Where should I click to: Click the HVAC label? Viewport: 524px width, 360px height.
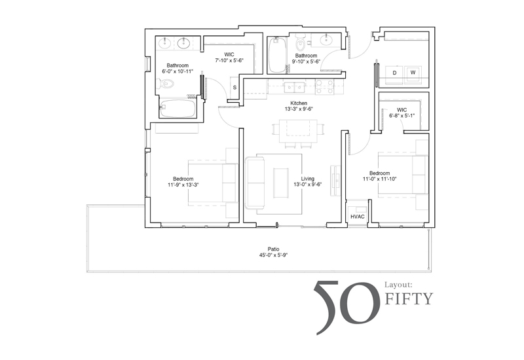(357, 217)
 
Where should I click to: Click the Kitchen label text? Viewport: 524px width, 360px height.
(299, 103)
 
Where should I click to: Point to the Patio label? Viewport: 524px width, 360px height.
(273, 249)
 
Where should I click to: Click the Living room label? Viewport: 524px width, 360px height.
(307, 179)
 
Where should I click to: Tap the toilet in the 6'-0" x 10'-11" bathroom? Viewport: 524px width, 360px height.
(166, 84)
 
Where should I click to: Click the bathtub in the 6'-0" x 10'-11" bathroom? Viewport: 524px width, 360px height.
(177, 109)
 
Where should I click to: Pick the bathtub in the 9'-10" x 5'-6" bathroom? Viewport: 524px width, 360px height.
(277, 55)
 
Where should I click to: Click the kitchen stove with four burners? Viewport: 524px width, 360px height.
(324, 86)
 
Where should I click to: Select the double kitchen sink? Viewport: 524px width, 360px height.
(294, 88)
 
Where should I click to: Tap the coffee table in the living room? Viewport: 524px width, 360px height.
(281, 183)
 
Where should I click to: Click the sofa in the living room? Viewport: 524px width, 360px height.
(255, 183)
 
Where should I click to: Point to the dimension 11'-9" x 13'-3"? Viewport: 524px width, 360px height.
(183, 185)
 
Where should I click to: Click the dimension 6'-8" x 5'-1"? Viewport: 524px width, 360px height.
(402, 116)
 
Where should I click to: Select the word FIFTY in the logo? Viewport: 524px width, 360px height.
(409, 298)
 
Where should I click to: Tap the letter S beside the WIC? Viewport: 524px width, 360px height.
(234, 88)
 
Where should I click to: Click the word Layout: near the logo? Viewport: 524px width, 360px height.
(398, 285)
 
